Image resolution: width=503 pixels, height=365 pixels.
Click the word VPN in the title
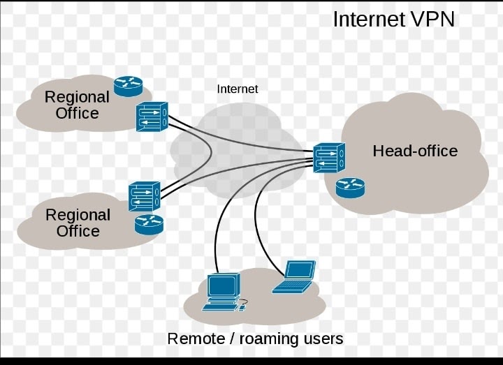(430, 19)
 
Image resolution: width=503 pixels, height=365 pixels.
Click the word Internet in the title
(368, 19)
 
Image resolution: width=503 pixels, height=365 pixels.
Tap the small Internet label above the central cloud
(238, 89)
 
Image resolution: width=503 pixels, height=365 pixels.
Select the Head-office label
(415, 151)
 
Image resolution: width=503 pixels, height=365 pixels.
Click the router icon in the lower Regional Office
(148, 224)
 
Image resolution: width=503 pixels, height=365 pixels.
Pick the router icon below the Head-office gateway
(349, 187)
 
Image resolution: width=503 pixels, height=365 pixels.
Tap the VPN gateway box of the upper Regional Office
(152, 116)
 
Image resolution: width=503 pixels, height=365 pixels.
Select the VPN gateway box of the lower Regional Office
(144, 196)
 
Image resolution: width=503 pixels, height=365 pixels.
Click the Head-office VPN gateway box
(328, 158)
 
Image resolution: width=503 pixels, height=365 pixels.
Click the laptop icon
(295, 276)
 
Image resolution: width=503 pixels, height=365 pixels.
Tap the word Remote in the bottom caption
(195, 339)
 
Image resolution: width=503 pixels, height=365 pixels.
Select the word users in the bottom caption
(321, 339)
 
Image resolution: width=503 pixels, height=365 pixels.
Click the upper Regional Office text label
(77, 105)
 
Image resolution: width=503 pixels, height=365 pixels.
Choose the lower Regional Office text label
(78, 223)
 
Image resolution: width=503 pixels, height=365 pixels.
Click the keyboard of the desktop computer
(221, 306)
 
